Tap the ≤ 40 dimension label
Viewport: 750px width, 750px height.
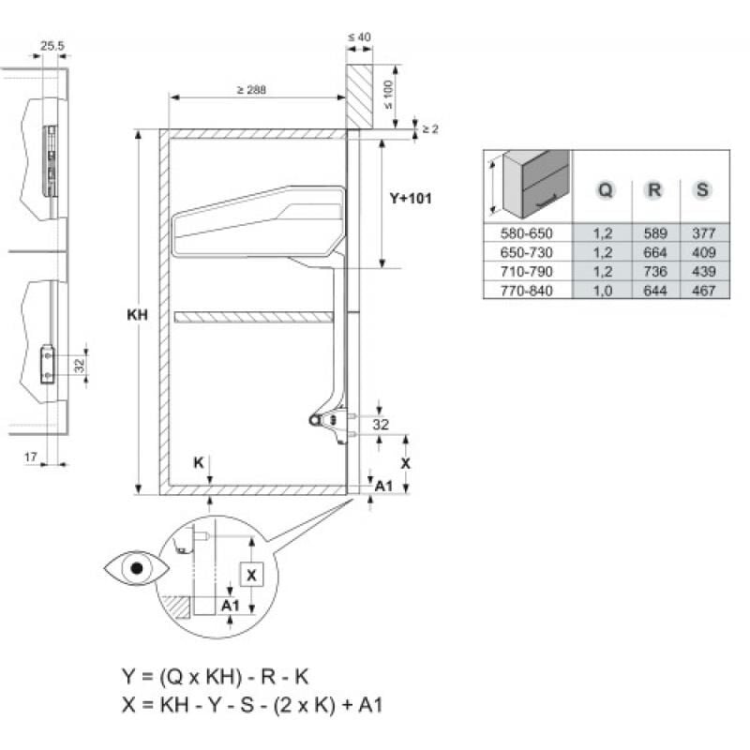click(359, 37)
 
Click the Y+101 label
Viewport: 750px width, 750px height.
click(410, 199)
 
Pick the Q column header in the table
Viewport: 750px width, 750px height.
click(606, 189)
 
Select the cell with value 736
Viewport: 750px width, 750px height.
click(654, 272)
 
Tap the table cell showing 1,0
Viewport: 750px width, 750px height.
click(606, 291)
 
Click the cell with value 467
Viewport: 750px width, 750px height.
click(701, 291)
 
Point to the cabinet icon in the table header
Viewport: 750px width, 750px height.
click(534, 184)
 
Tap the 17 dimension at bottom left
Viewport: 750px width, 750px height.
click(31, 456)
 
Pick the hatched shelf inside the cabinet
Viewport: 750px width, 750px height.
click(253, 318)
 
